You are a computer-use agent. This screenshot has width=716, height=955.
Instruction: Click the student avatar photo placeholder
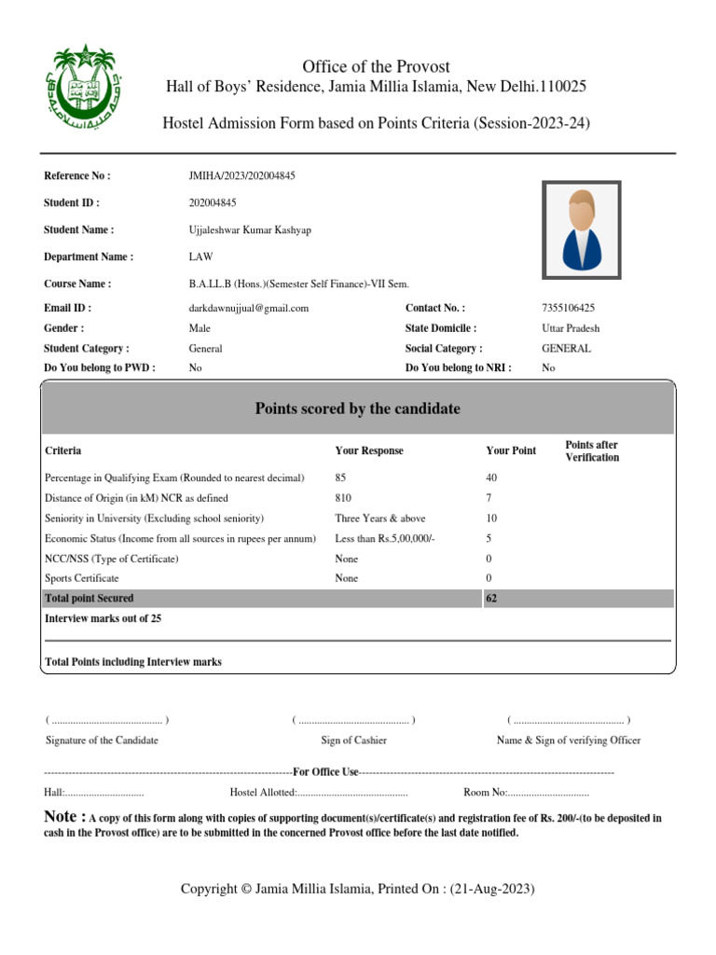(x=582, y=228)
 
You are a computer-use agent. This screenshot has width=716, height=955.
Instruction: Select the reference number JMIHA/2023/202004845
(x=241, y=175)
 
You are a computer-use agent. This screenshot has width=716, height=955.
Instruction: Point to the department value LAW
(x=200, y=256)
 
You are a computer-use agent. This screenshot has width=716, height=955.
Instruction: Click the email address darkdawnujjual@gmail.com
(x=248, y=308)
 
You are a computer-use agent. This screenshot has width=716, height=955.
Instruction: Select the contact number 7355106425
(x=568, y=308)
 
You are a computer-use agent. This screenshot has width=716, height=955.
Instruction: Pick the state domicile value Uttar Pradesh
(x=571, y=328)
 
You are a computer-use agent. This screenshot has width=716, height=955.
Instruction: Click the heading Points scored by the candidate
(x=357, y=408)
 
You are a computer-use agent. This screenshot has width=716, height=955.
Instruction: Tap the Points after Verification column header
(x=592, y=451)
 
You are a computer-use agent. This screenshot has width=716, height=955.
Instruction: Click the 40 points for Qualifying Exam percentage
(x=492, y=477)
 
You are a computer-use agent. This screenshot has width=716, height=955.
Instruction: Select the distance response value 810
(x=343, y=498)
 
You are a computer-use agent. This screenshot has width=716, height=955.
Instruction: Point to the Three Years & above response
(x=379, y=518)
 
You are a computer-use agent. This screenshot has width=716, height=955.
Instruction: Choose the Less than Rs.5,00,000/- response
(x=385, y=538)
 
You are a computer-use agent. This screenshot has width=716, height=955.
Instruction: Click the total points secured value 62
(x=492, y=598)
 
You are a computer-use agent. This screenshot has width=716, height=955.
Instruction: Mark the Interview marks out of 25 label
(x=103, y=618)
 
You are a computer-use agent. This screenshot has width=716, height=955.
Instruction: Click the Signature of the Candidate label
(x=102, y=740)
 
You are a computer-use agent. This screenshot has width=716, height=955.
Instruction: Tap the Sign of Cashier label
(x=353, y=740)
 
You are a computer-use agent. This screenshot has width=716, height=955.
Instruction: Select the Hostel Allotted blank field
(x=352, y=793)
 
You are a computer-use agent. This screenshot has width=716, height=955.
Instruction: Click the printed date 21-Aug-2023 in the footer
(x=492, y=890)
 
